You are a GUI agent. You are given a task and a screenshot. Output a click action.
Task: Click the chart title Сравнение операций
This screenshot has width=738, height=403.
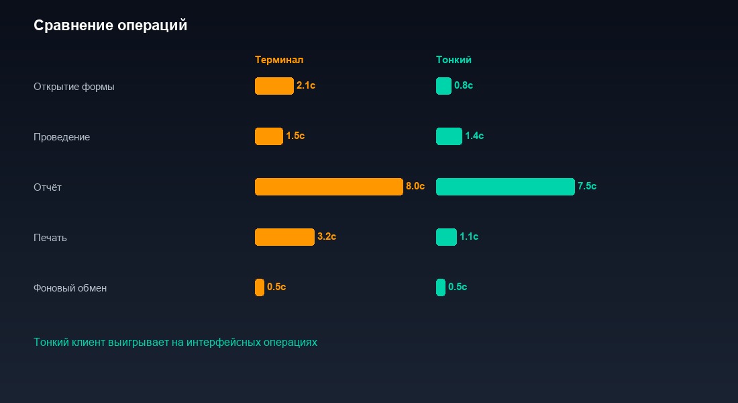click(x=110, y=26)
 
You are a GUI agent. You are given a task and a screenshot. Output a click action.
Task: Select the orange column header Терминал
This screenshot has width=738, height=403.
click(x=279, y=60)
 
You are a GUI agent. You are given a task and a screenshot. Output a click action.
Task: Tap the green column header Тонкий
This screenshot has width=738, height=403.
click(x=454, y=60)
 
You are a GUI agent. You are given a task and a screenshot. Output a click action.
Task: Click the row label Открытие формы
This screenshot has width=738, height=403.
click(x=74, y=87)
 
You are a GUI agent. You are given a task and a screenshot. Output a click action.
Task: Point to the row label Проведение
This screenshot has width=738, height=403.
click(x=62, y=137)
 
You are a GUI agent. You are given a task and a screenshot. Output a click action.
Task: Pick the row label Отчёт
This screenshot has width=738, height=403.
click(x=48, y=187)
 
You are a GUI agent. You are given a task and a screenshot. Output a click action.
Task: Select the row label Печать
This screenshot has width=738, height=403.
click(x=50, y=238)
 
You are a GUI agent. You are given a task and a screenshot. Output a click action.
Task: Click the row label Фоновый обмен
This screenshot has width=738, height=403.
click(x=70, y=288)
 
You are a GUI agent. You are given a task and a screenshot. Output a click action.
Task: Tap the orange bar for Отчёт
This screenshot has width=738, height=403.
click(x=329, y=187)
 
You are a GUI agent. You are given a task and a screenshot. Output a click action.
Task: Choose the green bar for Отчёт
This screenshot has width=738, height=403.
click(x=505, y=187)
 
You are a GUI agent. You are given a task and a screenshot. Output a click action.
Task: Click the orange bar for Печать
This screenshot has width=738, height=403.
click(x=284, y=237)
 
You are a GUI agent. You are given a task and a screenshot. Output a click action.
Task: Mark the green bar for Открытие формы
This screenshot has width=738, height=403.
click(x=443, y=86)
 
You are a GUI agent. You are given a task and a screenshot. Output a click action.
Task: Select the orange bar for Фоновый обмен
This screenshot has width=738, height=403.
click(x=260, y=287)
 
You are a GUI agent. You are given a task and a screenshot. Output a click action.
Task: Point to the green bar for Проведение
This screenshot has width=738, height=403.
click(x=449, y=136)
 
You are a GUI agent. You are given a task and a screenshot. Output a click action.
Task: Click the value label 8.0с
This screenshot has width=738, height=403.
click(x=415, y=187)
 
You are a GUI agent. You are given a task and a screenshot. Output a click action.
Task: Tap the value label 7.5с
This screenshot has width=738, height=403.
click(x=587, y=187)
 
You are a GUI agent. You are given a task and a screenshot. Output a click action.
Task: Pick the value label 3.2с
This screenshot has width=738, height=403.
click(x=327, y=237)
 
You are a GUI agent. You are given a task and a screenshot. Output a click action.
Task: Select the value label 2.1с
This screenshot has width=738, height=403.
click(x=306, y=86)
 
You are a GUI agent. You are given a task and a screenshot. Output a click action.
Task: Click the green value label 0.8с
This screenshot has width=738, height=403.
click(x=464, y=86)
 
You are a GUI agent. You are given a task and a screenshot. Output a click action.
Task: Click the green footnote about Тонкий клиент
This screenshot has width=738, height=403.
click(x=175, y=343)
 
